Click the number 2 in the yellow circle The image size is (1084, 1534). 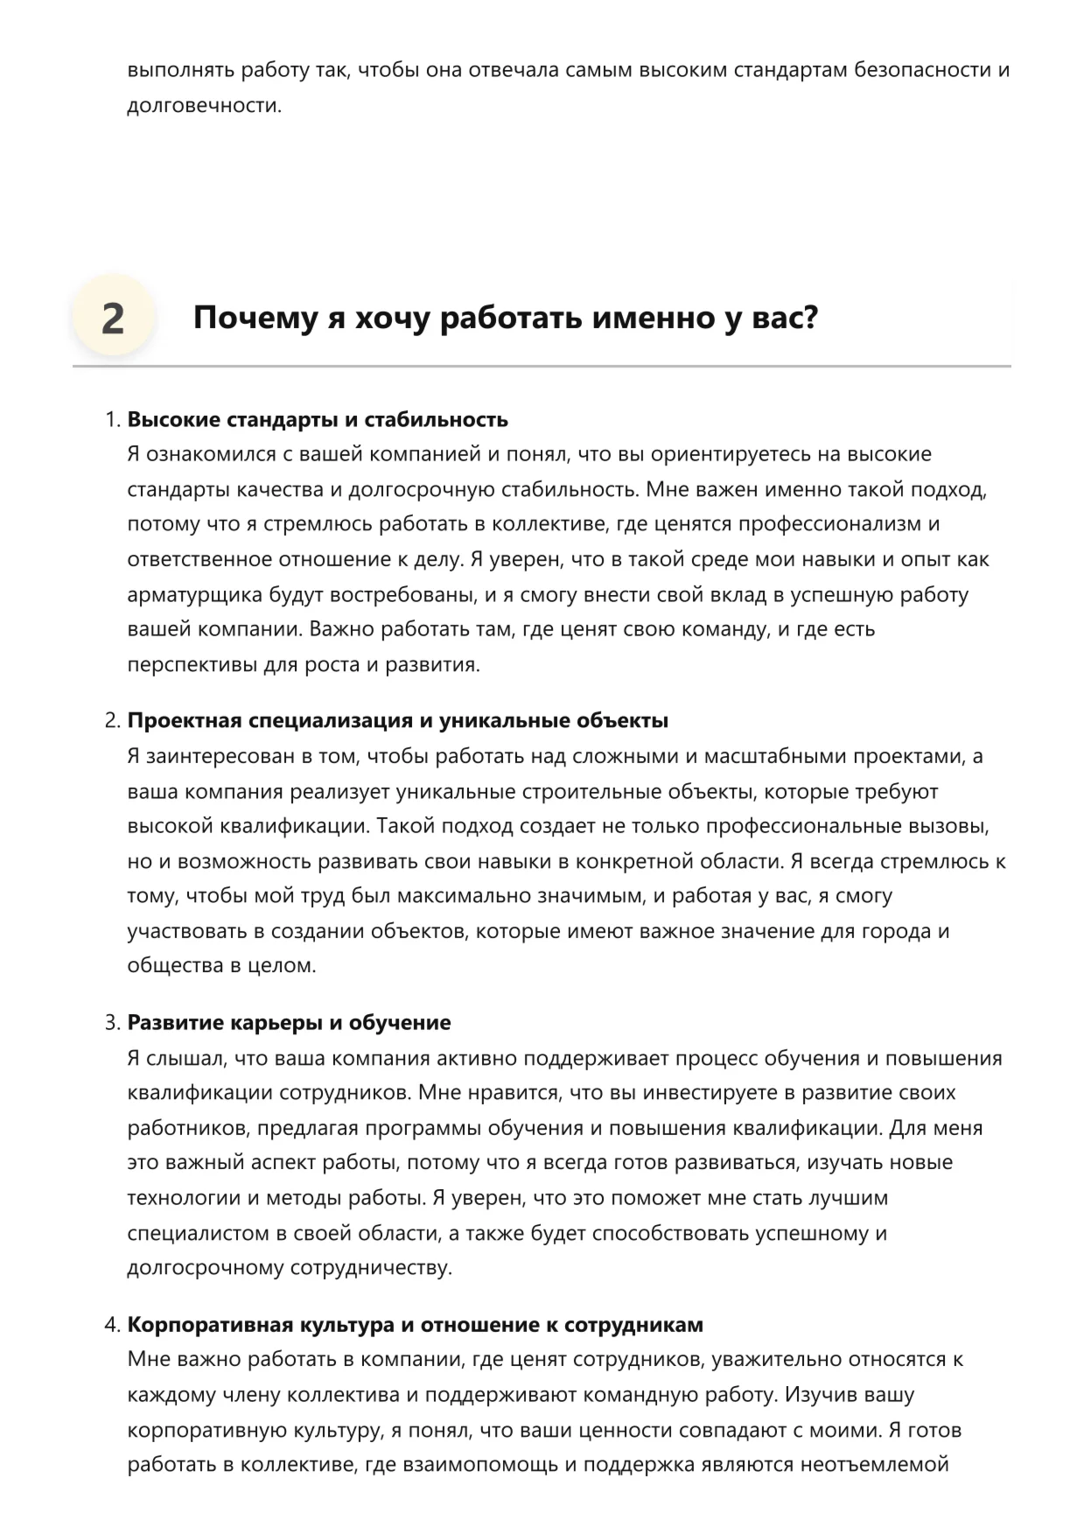[x=113, y=319]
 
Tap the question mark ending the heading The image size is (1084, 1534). [x=809, y=318]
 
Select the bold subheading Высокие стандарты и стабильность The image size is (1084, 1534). [x=318, y=419]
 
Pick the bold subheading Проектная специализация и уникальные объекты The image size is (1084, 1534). [x=398, y=721]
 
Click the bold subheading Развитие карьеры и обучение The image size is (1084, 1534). [x=290, y=1023]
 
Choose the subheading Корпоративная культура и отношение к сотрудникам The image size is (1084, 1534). [x=416, y=1325]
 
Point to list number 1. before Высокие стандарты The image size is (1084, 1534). [x=112, y=419]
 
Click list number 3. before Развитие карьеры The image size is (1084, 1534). [x=112, y=1023]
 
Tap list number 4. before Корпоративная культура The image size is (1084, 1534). [x=112, y=1325]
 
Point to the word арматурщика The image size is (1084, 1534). [x=194, y=595]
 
